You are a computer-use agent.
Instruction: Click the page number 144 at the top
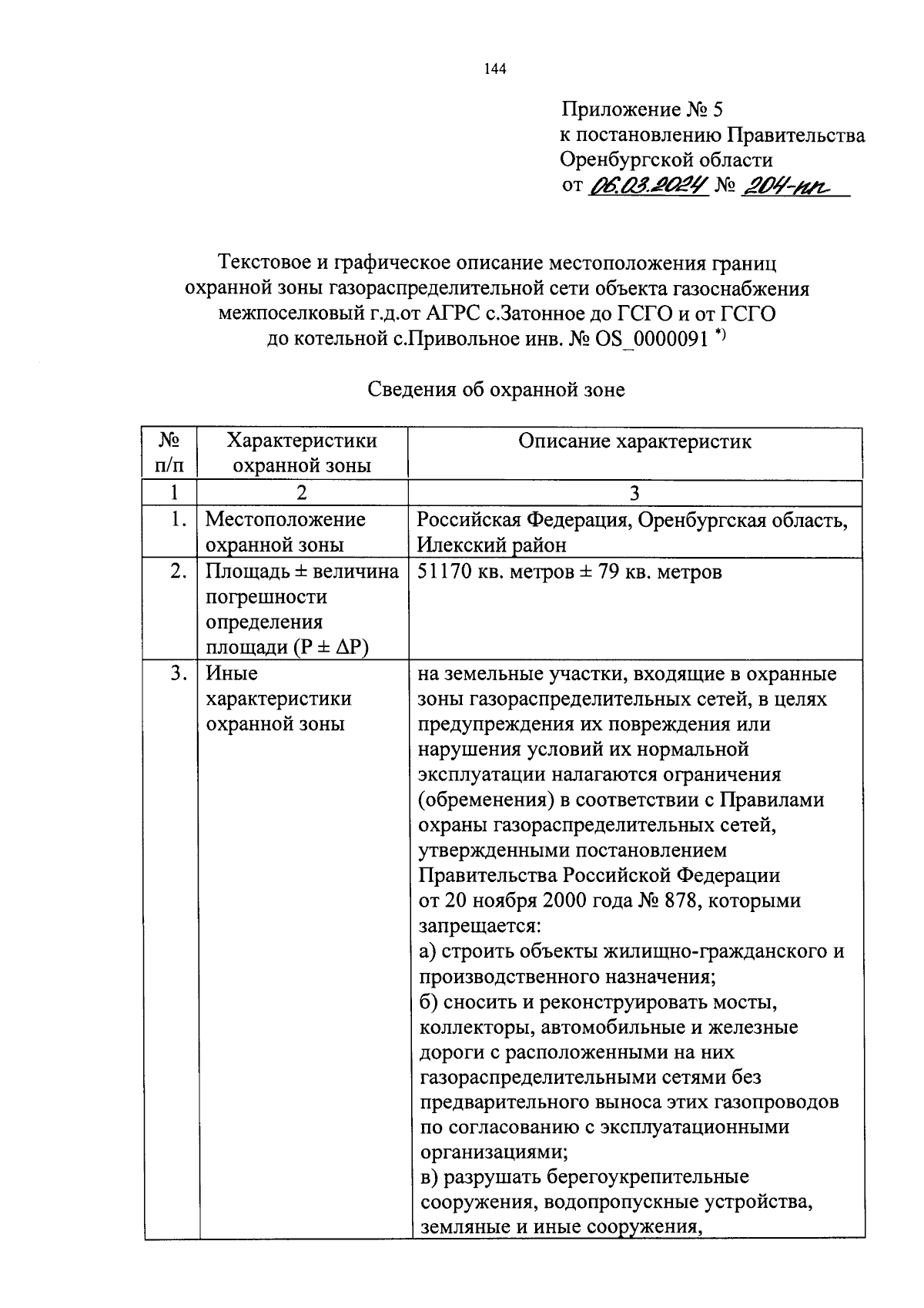pos(495,70)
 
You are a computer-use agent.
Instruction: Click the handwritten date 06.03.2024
pos(648,186)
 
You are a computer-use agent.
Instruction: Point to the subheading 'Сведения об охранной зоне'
pos(495,390)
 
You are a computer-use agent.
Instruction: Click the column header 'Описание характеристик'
pos(634,441)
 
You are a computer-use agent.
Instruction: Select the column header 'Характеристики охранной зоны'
pos(302,453)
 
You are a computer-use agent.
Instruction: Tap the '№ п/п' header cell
pos(170,453)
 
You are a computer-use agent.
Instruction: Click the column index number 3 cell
pos(634,493)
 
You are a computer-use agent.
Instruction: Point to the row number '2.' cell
pos(178,572)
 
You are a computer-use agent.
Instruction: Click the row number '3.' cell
pos(178,674)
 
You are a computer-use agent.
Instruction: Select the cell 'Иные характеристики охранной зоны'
pos(278,699)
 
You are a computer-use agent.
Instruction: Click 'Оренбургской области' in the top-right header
pos(666,160)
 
